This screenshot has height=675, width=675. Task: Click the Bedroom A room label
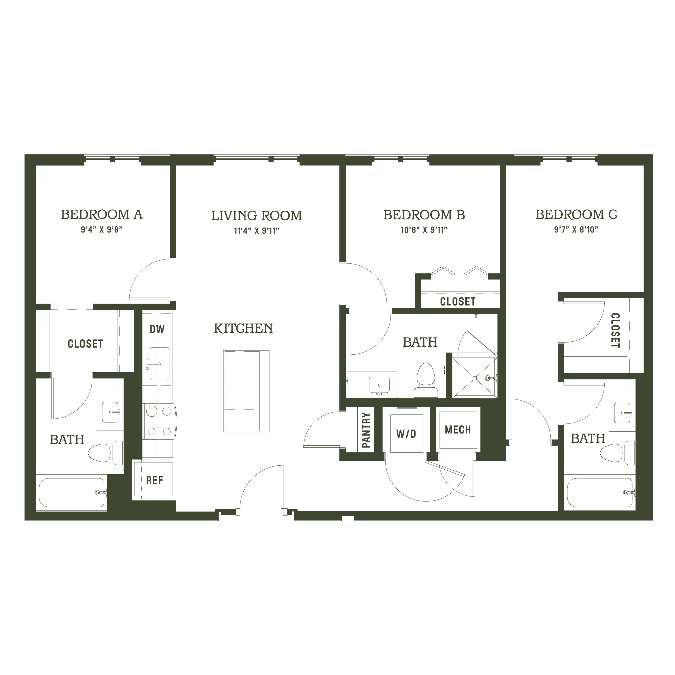coord(102,215)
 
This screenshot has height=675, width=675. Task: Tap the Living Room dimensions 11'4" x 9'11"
coord(257,231)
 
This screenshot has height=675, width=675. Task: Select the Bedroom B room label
coord(424,215)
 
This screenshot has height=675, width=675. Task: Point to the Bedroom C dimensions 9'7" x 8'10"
coord(576,230)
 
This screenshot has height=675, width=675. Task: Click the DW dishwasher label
coord(157,329)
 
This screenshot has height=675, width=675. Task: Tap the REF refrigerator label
coord(155,480)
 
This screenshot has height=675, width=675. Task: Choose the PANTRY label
coord(366,430)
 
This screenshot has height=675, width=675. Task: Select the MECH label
coord(458,430)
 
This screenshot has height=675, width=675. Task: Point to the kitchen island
coord(246,391)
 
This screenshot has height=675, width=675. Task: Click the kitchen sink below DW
coord(159,363)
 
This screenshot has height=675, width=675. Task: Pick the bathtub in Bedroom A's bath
coord(72,493)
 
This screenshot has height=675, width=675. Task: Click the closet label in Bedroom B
coord(458,302)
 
